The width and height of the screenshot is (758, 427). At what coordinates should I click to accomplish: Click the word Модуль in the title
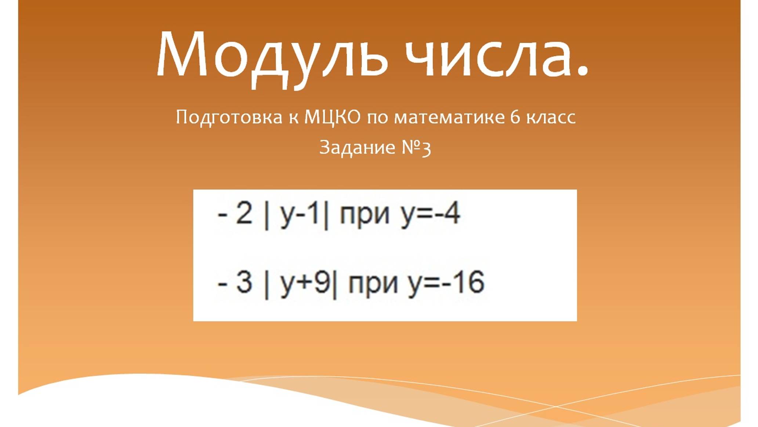point(272,55)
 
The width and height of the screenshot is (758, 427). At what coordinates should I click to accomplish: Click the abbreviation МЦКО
point(332,118)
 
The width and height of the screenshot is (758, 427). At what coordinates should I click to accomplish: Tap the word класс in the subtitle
point(551,118)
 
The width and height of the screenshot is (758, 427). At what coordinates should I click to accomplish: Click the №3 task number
point(416,148)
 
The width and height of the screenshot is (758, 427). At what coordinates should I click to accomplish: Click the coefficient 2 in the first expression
point(244,213)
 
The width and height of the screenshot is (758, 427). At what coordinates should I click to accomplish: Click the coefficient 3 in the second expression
point(244,282)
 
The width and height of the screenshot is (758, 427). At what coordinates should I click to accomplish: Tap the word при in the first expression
point(364,215)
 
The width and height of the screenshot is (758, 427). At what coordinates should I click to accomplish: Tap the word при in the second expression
point(373,284)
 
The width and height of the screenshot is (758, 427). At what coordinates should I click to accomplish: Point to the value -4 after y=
point(447,213)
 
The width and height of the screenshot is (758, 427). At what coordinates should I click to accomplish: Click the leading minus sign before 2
point(222,215)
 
